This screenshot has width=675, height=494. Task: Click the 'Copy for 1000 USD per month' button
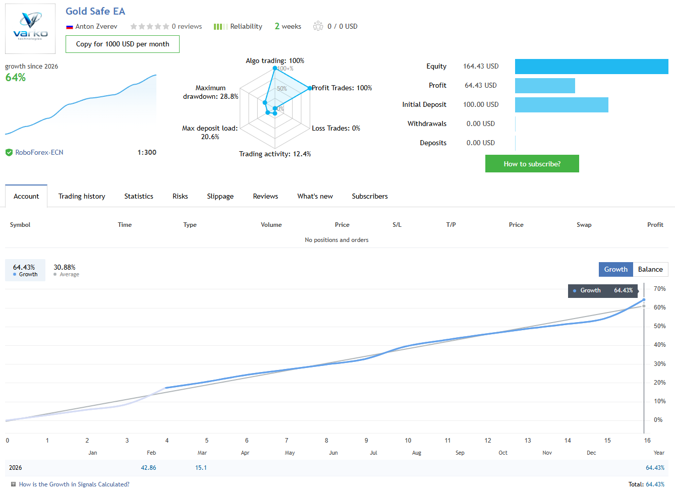[x=123, y=44]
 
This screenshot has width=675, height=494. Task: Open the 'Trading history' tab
[x=82, y=197]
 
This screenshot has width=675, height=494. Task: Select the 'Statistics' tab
[x=139, y=197]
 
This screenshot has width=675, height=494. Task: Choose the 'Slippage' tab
[x=220, y=197]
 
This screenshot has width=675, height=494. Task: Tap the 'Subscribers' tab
[x=370, y=197]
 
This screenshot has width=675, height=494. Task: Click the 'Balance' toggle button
[x=650, y=270]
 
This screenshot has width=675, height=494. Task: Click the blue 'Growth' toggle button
[x=615, y=270]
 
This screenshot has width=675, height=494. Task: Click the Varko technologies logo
[x=30, y=29]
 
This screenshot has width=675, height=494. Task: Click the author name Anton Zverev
[x=96, y=27]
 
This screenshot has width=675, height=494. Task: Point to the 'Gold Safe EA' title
[x=95, y=11]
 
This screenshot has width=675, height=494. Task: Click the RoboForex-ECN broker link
[x=39, y=153]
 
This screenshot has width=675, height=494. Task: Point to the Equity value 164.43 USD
[x=481, y=67]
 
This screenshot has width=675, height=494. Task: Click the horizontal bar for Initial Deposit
[x=561, y=105]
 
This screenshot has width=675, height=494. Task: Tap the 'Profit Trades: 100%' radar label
[x=342, y=88]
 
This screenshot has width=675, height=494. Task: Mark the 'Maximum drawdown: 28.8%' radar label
[x=210, y=92]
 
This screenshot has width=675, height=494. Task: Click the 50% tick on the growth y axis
[x=659, y=326]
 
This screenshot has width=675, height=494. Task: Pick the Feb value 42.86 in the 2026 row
[x=148, y=468]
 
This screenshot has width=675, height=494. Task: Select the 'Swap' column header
[x=584, y=225]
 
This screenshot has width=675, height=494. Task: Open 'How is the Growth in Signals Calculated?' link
[x=74, y=484]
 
